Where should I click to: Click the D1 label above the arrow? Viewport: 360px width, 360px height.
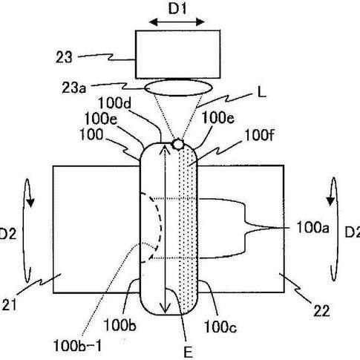(x=177, y=9)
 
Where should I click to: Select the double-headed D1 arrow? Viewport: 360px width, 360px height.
(x=177, y=22)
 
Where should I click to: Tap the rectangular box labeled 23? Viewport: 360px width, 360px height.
(x=177, y=54)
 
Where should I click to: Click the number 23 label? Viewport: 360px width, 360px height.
(x=64, y=57)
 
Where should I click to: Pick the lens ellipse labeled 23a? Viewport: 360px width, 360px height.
(x=178, y=88)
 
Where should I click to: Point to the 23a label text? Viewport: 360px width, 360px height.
(x=73, y=88)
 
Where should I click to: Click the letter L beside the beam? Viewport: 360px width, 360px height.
(x=261, y=93)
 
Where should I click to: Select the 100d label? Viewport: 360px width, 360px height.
(x=114, y=102)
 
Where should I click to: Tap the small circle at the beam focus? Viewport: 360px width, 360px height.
(x=177, y=144)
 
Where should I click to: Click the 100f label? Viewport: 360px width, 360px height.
(x=259, y=135)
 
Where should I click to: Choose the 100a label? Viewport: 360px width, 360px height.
(x=312, y=227)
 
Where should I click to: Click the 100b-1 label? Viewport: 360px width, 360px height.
(x=77, y=346)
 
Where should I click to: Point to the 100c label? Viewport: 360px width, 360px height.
(x=220, y=327)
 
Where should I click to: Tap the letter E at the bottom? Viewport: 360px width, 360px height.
(x=188, y=353)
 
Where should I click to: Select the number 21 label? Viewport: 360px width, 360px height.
(x=10, y=304)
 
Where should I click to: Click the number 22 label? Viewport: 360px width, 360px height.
(x=321, y=311)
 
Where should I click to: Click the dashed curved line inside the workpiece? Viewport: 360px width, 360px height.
(x=153, y=228)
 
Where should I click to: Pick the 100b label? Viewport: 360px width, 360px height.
(x=120, y=325)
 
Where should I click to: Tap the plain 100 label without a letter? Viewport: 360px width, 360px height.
(x=91, y=135)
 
